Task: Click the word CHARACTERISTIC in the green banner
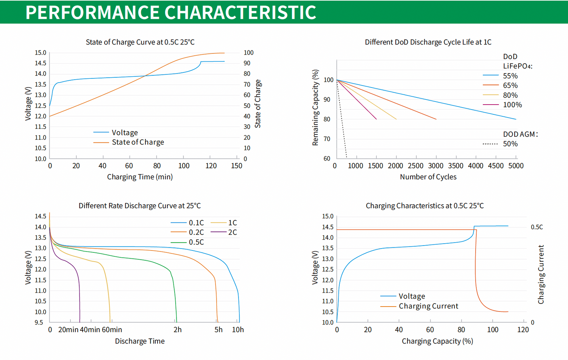(240, 12)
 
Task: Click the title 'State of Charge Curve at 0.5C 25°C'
(140, 42)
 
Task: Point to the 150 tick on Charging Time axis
(237, 166)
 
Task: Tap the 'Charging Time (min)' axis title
(140, 177)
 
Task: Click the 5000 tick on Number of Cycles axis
(516, 166)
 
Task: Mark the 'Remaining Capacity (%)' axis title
(315, 108)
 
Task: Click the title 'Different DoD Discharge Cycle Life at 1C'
(428, 42)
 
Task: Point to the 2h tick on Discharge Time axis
(178, 330)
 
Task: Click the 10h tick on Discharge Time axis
(238, 330)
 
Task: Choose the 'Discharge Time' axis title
(140, 341)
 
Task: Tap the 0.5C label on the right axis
(537, 227)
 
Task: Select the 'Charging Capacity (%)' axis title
(437, 341)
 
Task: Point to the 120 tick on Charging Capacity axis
(523, 330)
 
